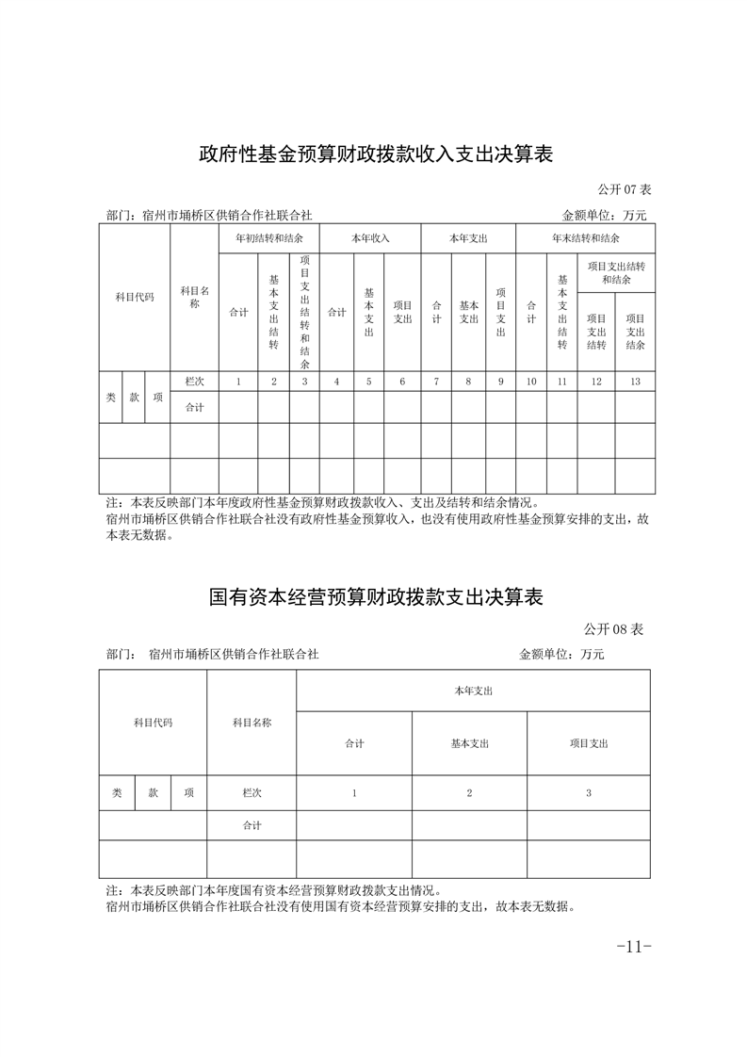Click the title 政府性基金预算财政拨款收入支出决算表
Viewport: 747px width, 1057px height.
pyautogui.click(x=375, y=154)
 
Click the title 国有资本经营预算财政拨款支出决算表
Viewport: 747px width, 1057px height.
pyautogui.click(x=375, y=597)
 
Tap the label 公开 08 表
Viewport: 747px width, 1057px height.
pyautogui.click(x=613, y=629)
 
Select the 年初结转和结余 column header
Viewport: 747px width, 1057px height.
pyautogui.click(x=269, y=237)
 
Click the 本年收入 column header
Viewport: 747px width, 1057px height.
pyautogui.click(x=369, y=237)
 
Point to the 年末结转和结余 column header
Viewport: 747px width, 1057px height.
pyautogui.click(x=585, y=237)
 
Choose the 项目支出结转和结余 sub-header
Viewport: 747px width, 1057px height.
pyautogui.click(x=616, y=273)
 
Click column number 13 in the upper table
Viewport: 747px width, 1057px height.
pyautogui.click(x=635, y=382)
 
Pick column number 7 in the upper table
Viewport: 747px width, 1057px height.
pyautogui.click(x=436, y=382)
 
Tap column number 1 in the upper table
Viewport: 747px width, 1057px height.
pyautogui.click(x=239, y=382)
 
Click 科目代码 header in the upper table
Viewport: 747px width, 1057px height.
pyautogui.click(x=135, y=297)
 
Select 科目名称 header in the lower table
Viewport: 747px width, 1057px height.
pyautogui.click(x=252, y=723)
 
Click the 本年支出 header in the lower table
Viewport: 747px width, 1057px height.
pyautogui.click(x=473, y=691)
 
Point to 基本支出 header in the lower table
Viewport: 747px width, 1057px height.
pyautogui.click(x=469, y=743)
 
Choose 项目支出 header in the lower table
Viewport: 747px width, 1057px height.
pyautogui.click(x=589, y=743)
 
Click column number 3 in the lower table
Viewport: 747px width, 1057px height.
pyautogui.click(x=589, y=793)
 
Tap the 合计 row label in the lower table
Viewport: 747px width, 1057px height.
pyautogui.click(x=252, y=825)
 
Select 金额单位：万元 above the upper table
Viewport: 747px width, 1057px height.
pyautogui.click(x=604, y=216)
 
